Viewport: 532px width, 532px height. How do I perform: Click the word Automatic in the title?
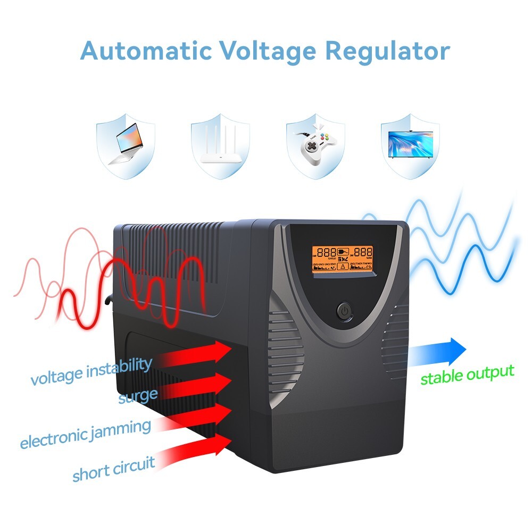[145, 51]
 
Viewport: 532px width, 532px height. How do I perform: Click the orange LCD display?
[342, 259]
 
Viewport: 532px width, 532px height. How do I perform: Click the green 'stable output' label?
[467, 375]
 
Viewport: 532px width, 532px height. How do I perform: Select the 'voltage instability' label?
[91, 371]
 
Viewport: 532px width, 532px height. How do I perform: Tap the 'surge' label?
[138, 396]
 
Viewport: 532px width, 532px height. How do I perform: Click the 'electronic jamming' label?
[85, 434]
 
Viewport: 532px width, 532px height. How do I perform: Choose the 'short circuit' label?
[113, 469]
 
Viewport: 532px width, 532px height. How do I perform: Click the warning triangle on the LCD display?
[343, 265]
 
